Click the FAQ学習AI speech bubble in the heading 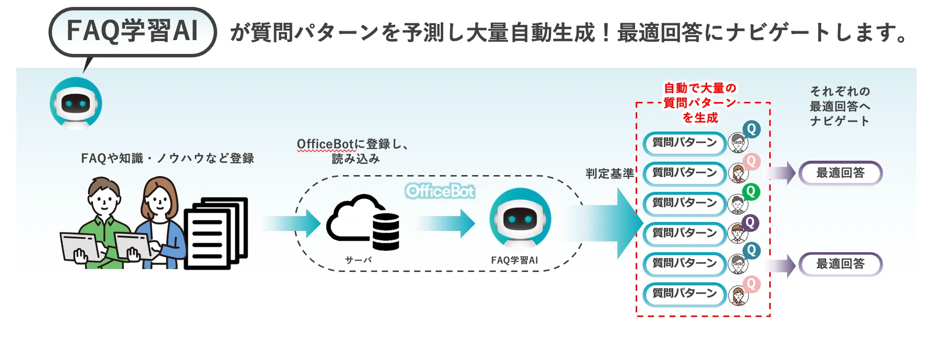coord(133,31)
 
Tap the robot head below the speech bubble coord(76,103)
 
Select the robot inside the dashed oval coord(520,218)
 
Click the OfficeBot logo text coord(440,191)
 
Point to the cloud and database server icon coord(364,223)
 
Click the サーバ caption coord(358,260)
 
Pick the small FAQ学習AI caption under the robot coord(514,260)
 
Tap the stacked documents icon coord(216,232)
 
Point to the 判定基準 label coord(609,174)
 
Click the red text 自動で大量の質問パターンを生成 coord(700,103)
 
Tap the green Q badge coord(751,191)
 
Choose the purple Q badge coord(750,223)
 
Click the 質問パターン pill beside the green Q coord(685,203)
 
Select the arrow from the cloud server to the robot coord(446,224)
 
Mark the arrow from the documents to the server coord(292,224)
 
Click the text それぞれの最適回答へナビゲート coord(840,106)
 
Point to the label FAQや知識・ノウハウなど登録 coord(168,158)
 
